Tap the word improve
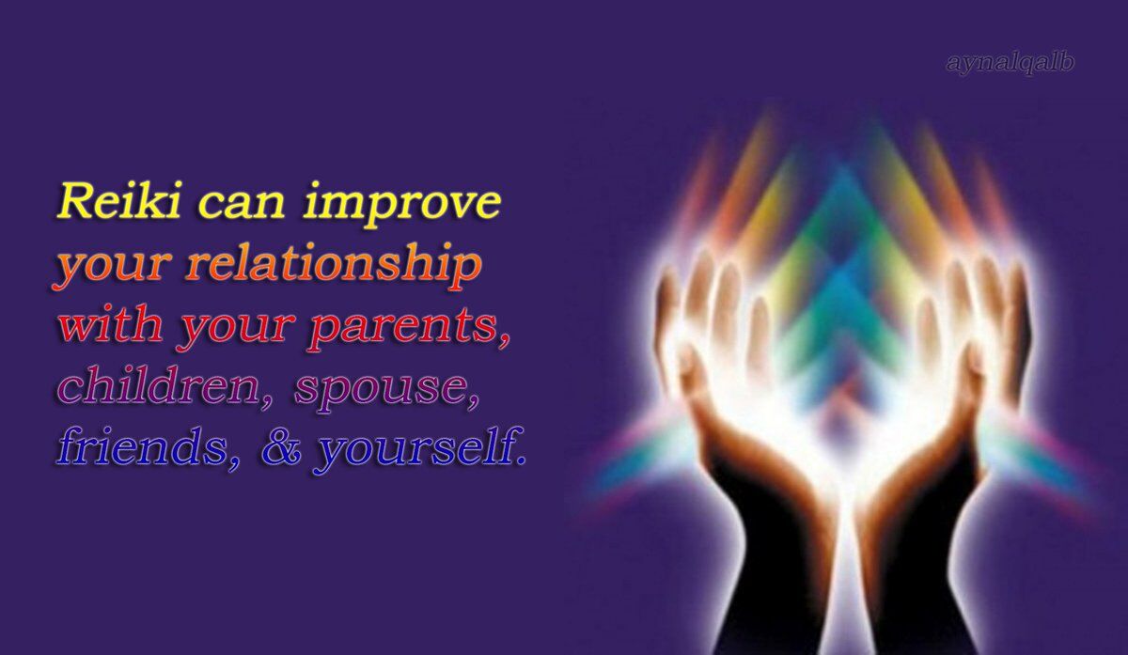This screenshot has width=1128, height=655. [402, 206]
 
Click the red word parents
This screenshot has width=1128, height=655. [402, 327]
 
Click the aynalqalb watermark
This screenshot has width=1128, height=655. [1010, 64]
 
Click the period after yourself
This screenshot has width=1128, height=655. [521, 460]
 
